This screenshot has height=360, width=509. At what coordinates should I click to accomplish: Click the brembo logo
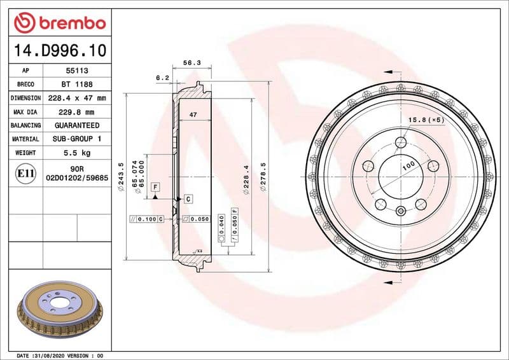(x=59, y=24)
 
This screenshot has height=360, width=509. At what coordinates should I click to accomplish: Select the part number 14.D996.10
(x=59, y=50)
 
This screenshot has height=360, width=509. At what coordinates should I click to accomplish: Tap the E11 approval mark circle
(x=26, y=172)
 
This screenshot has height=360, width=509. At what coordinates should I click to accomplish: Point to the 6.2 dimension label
(x=162, y=78)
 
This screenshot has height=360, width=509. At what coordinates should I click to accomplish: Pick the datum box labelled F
(x=155, y=186)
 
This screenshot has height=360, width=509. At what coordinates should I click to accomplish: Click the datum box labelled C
(x=188, y=199)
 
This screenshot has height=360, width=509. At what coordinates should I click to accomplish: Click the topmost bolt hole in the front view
(x=400, y=142)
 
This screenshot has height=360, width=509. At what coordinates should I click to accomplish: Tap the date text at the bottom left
(x=59, y=355)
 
